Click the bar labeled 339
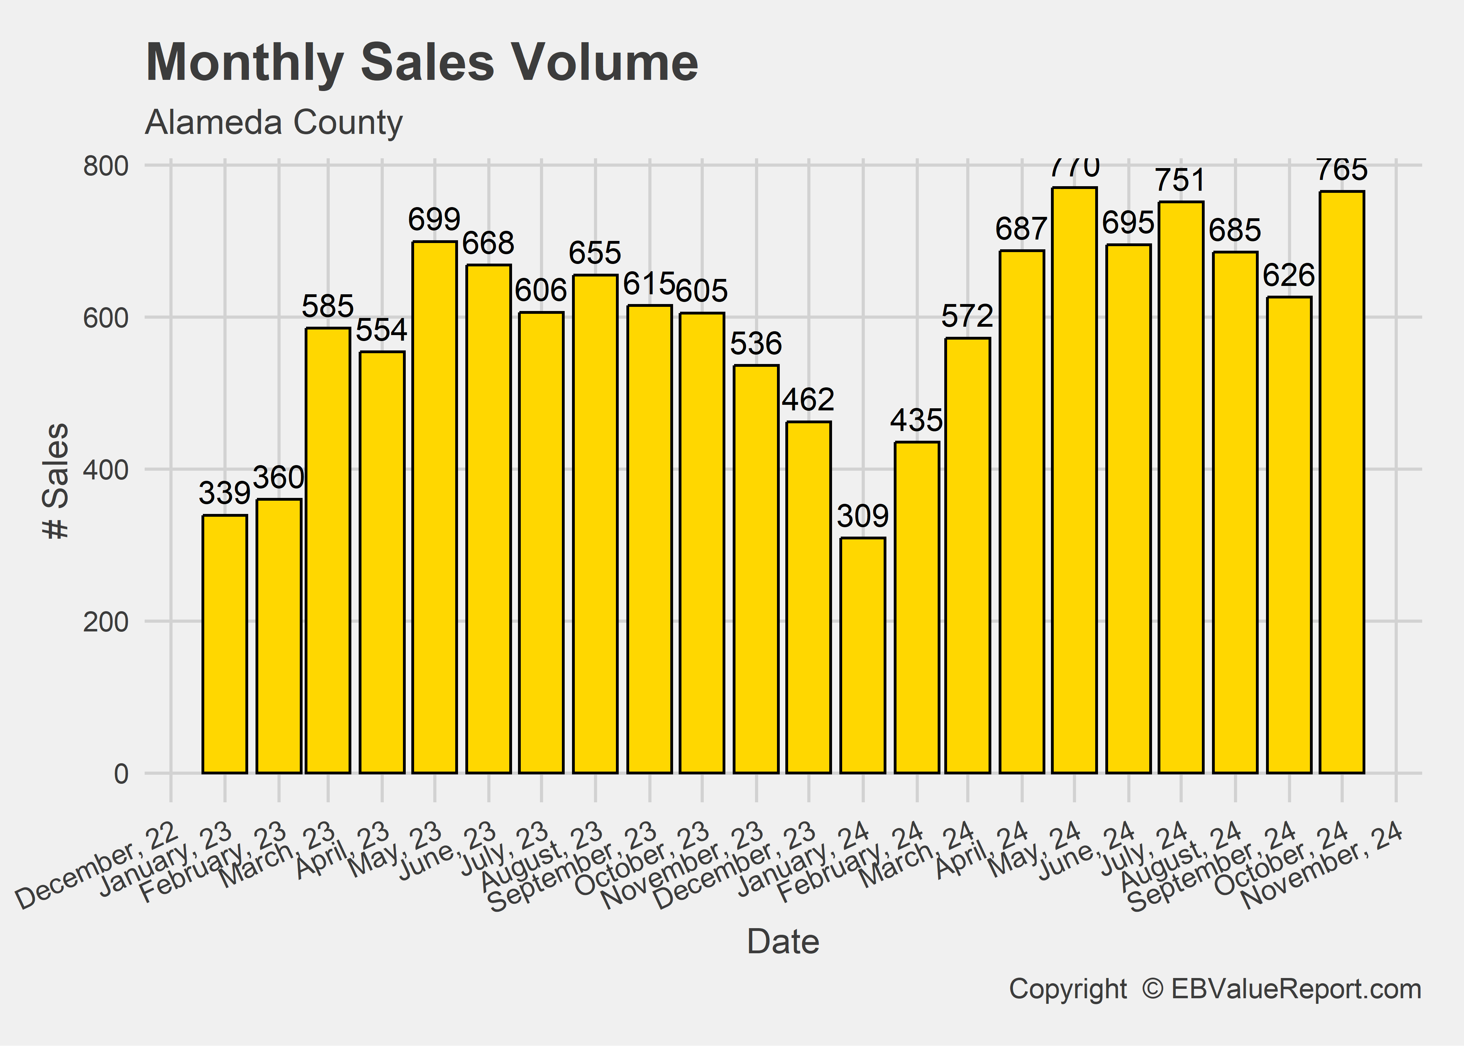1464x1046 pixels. pos(224,644)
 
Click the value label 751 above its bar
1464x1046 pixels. pos(1180,180)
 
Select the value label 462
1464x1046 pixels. pos(808,400)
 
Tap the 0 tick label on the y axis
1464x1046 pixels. pos(121,774)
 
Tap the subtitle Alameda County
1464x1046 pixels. pos(274,122)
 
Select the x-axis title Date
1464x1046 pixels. pos(783,942)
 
